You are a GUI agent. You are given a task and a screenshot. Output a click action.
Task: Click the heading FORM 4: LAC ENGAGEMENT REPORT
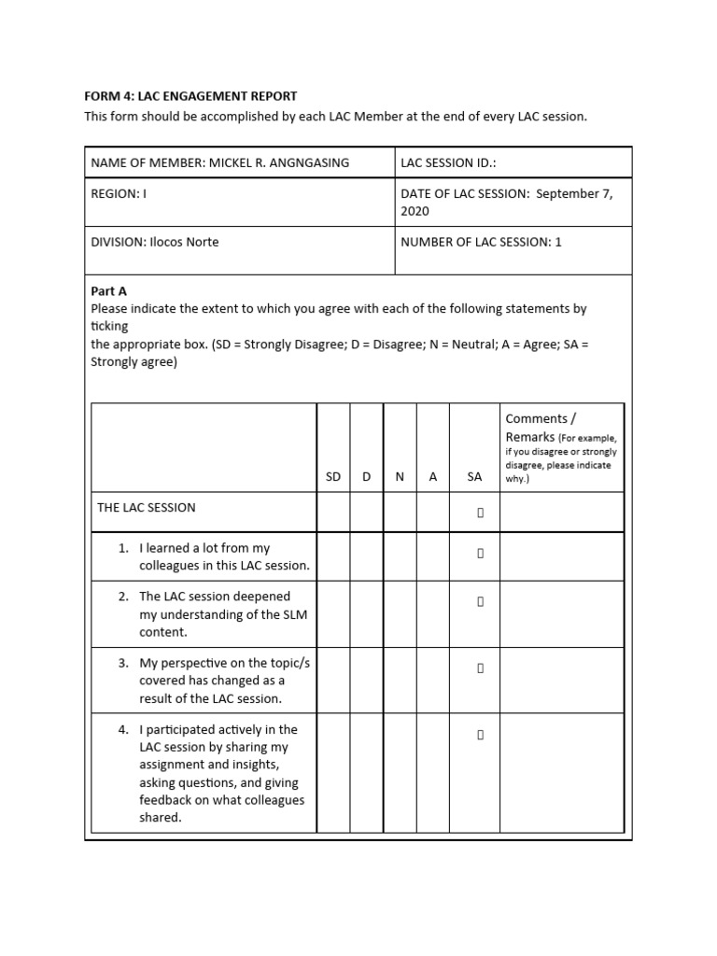click(190, 96)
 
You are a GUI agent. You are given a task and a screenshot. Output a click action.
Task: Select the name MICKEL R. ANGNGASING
click(278, 162)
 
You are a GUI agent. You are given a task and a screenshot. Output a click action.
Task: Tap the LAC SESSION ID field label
click(448, 162)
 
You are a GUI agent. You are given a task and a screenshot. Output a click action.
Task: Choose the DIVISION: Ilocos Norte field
click(155, 242)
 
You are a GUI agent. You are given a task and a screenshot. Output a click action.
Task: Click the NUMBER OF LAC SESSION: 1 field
click(482, 242)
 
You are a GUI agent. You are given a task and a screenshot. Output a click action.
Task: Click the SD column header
click(333, 476)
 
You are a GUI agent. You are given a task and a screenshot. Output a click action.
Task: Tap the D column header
click(366, 476)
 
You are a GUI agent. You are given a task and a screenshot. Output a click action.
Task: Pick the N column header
click(400, 476)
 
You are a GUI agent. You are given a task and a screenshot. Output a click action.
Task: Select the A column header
click(432, 476)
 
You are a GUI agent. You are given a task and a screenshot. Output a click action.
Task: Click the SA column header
click(474, 476)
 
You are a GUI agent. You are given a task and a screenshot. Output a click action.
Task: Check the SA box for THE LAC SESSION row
click(481, 512)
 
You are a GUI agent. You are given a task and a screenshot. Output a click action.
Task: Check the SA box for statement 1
click(481, 553)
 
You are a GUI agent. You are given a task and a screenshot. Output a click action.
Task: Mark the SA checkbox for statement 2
click(481, 601)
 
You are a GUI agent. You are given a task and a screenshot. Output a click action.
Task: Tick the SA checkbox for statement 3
click(481, 668)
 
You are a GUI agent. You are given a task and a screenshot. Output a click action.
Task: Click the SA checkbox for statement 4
click(481, 735)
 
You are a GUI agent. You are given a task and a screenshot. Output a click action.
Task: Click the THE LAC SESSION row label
click(147, 508)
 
